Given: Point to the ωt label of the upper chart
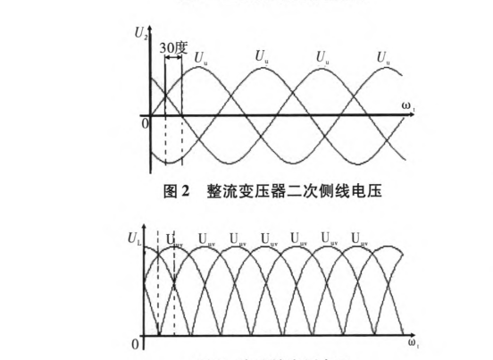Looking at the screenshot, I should [406, 107].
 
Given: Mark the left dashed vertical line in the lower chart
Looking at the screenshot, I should [158, 286].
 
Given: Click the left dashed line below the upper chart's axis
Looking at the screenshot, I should [165, 143].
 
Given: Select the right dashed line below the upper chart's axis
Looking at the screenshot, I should [181, 143].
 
